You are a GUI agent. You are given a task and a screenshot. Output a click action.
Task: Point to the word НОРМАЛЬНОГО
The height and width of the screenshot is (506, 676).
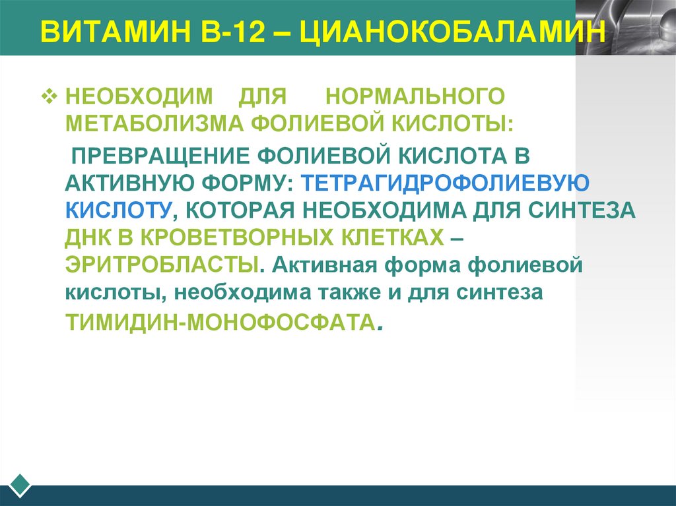[x=415, y=96]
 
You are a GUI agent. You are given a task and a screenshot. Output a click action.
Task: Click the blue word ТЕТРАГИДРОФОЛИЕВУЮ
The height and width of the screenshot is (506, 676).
[x=443, y=181]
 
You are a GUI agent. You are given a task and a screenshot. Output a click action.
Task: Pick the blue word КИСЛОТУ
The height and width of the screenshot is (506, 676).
[x=117, y=209]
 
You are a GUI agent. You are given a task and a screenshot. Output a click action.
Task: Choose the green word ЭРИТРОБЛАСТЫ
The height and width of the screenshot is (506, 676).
[x=160, y=265]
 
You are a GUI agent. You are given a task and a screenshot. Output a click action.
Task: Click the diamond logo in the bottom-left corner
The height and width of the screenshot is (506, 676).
[x=20, y=485]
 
